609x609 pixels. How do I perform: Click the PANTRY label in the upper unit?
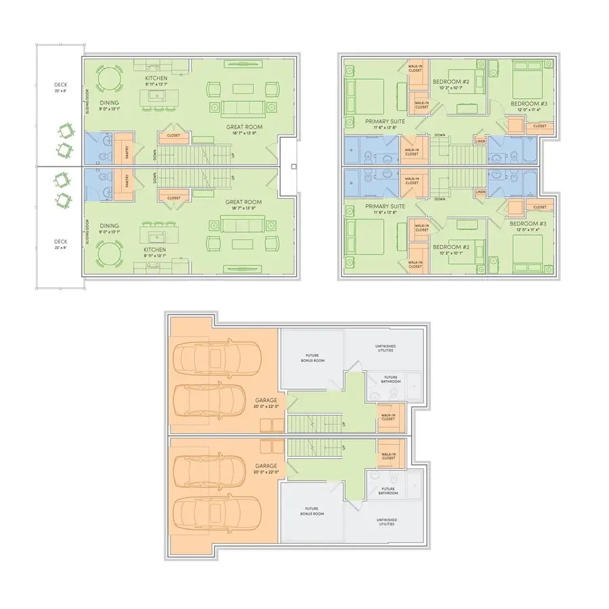[x=127, y=149]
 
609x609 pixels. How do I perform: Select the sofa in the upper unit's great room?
[x=242, y=108]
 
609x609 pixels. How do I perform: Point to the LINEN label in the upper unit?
[x=480, y=141]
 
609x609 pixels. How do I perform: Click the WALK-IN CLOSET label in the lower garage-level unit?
[x=388, y=456]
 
